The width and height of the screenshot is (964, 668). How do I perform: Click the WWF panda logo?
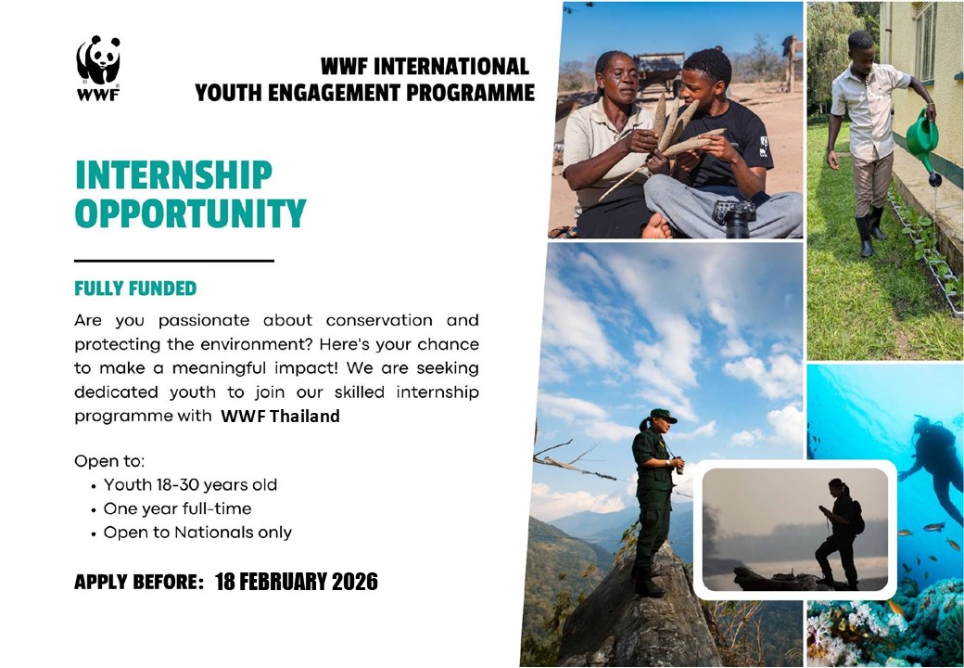[x=98, y=68]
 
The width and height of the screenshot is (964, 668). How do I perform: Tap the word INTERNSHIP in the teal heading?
[x=173, y=175]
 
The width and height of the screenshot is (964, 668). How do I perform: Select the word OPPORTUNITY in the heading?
[x=190, y=212]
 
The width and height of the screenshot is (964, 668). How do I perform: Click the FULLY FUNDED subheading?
[x=135, y=289]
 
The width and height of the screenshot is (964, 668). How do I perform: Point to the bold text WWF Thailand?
[x=280, y=417]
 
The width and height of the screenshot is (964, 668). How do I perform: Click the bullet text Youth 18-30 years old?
[x=190, y=484]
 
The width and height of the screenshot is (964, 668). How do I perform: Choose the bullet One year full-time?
[x=177, y=508]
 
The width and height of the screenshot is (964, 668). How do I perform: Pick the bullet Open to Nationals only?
[x=197, y=533]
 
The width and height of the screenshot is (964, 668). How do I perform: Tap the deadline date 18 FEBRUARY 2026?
[x=297, y=582]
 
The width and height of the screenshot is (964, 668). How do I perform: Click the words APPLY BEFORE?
[x=139, y=582]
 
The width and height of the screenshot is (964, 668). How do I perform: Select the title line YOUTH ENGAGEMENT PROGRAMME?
[x=364, y=93]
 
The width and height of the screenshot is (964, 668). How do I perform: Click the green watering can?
[x=923, y=140]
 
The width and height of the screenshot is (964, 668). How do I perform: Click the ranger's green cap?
[x=662, y=416]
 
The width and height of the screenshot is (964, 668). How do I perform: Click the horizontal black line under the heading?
[x=174, y=261]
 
